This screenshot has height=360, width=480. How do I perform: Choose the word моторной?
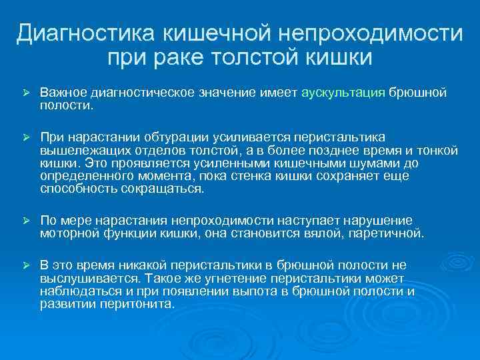click(x=67, y=233)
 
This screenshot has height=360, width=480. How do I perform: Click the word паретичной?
click(x=389, y=233)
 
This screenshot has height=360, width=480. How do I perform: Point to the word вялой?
click(x=323, y=233)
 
